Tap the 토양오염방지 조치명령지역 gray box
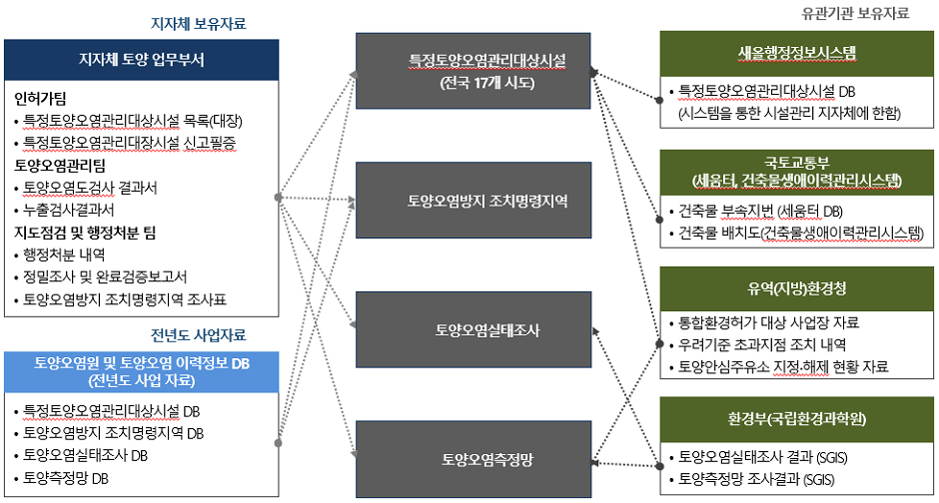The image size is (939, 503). [472, 201]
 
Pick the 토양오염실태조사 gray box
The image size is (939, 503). [472, 329]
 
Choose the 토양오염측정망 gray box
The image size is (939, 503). [472, 459]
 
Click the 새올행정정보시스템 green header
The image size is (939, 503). [796, 52]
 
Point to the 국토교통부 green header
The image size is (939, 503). [796, 170]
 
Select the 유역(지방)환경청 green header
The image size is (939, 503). [796, 289]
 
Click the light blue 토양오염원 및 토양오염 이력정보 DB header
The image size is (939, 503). [142, 371]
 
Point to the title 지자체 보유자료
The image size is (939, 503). [198, 23]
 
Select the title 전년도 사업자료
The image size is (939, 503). [198, 335]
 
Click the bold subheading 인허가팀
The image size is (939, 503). [41, 99]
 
